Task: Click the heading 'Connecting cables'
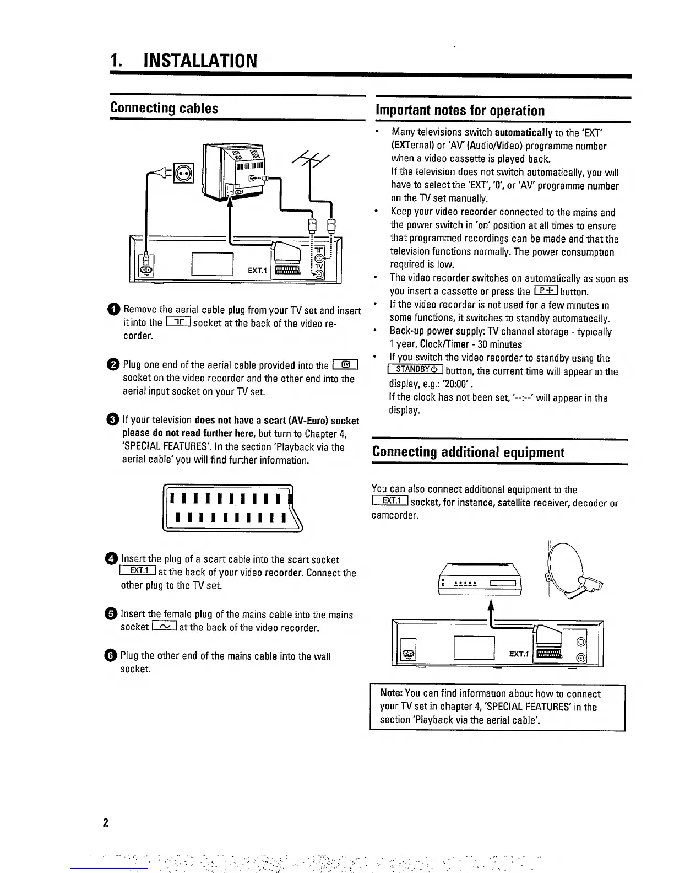[164, 108]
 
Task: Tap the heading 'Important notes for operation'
[460, 111]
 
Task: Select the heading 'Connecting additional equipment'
[468, 452]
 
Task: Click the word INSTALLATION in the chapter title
[199, 61]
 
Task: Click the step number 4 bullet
[112, 559]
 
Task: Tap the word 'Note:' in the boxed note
[391, 694]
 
